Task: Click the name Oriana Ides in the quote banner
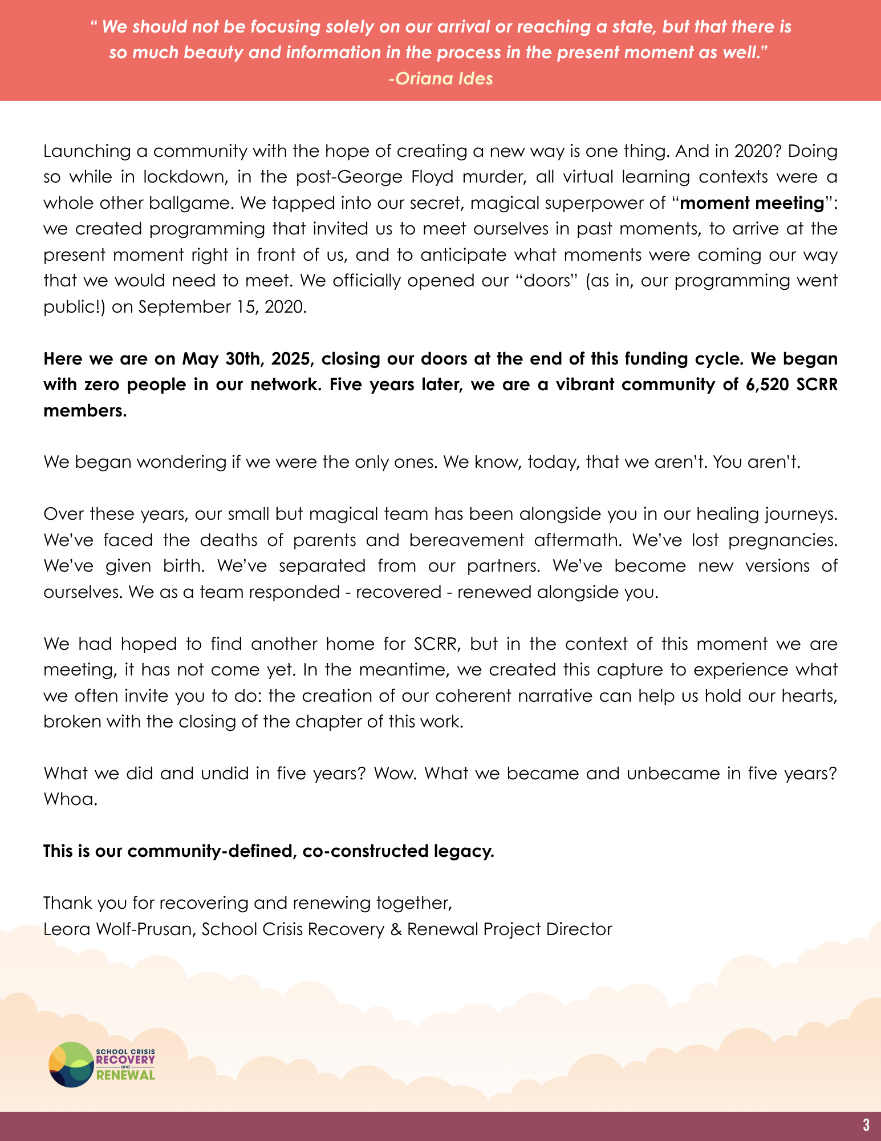(x=441, y=78)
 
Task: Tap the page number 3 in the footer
(x=866, y=1125)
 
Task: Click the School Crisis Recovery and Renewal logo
(x=102, y=1065)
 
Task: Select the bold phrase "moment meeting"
(x=753, y=203)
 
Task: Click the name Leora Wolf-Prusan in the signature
(x=120, y=929)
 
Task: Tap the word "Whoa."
(x=71, y=799)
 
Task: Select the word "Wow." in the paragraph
(x=394, y=774)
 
